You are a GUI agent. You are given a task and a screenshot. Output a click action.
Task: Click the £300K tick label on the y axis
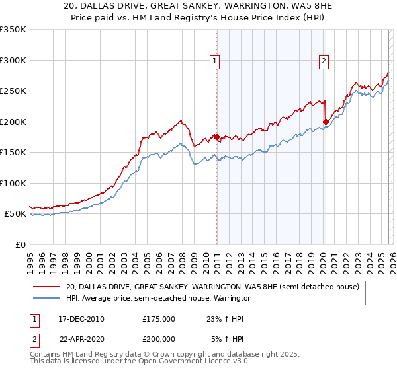click(x=13, y=60)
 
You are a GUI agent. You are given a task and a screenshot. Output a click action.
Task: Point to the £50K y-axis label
click(x=15, y=214)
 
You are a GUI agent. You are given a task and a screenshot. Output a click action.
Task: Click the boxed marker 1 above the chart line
click(x=216, y=61)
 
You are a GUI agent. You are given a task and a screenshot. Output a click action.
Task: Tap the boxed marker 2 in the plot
click(x=324, y=61)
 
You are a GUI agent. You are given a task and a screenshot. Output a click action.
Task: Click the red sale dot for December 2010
click(x=216, y=137)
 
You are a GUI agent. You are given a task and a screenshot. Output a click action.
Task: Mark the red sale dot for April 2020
click(x=326, y=122)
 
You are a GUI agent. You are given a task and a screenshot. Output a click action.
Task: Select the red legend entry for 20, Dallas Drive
click(x=212, y=287)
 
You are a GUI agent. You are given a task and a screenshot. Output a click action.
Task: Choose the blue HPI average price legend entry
click(x=159, y=299)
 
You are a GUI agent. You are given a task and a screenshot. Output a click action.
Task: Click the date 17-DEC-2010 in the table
click(x=81, y=318)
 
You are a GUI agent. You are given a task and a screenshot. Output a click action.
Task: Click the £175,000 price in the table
click(x=159, y=318)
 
